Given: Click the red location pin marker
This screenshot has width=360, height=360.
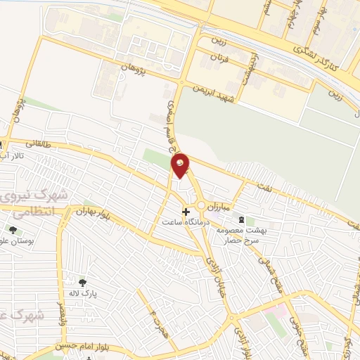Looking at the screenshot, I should pos(181,166).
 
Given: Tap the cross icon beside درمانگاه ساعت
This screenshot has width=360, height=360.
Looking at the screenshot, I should pos(186,211).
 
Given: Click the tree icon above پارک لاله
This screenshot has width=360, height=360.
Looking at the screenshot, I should pos(83,283).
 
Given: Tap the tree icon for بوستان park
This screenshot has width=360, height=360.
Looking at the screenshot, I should pos(13,230).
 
